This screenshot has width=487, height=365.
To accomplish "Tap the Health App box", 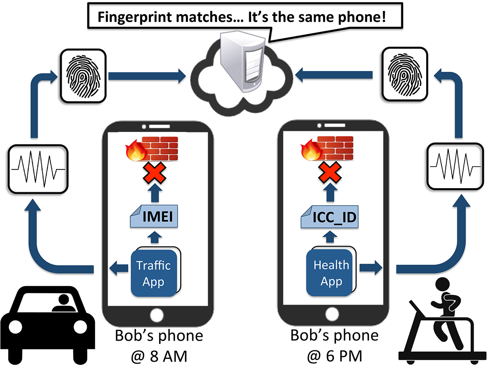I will coord(331,273).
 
